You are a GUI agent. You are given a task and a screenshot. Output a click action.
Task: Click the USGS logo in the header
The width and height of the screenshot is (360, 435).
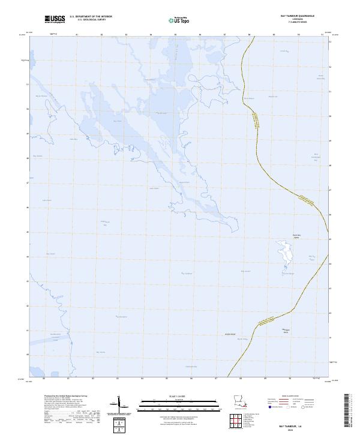pos(55,20)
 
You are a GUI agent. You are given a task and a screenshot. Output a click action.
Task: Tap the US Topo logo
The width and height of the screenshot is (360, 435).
pos(181,20)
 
